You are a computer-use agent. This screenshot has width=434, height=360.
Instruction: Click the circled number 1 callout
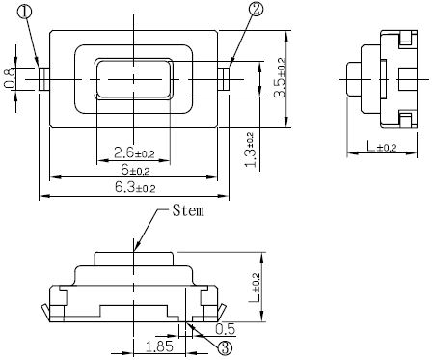25,13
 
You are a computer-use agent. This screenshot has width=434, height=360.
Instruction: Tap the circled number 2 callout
256,10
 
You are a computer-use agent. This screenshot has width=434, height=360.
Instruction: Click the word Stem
188,210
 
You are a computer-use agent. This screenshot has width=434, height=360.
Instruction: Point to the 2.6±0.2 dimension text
134,152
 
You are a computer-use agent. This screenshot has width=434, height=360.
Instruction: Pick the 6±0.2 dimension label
135,169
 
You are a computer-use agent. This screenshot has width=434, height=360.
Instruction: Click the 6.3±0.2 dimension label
135,187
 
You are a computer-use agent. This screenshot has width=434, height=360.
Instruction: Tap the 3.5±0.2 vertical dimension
279,77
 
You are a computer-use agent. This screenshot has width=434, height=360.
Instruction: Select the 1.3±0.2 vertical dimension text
250,150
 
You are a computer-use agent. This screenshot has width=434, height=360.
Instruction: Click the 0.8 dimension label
10,78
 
